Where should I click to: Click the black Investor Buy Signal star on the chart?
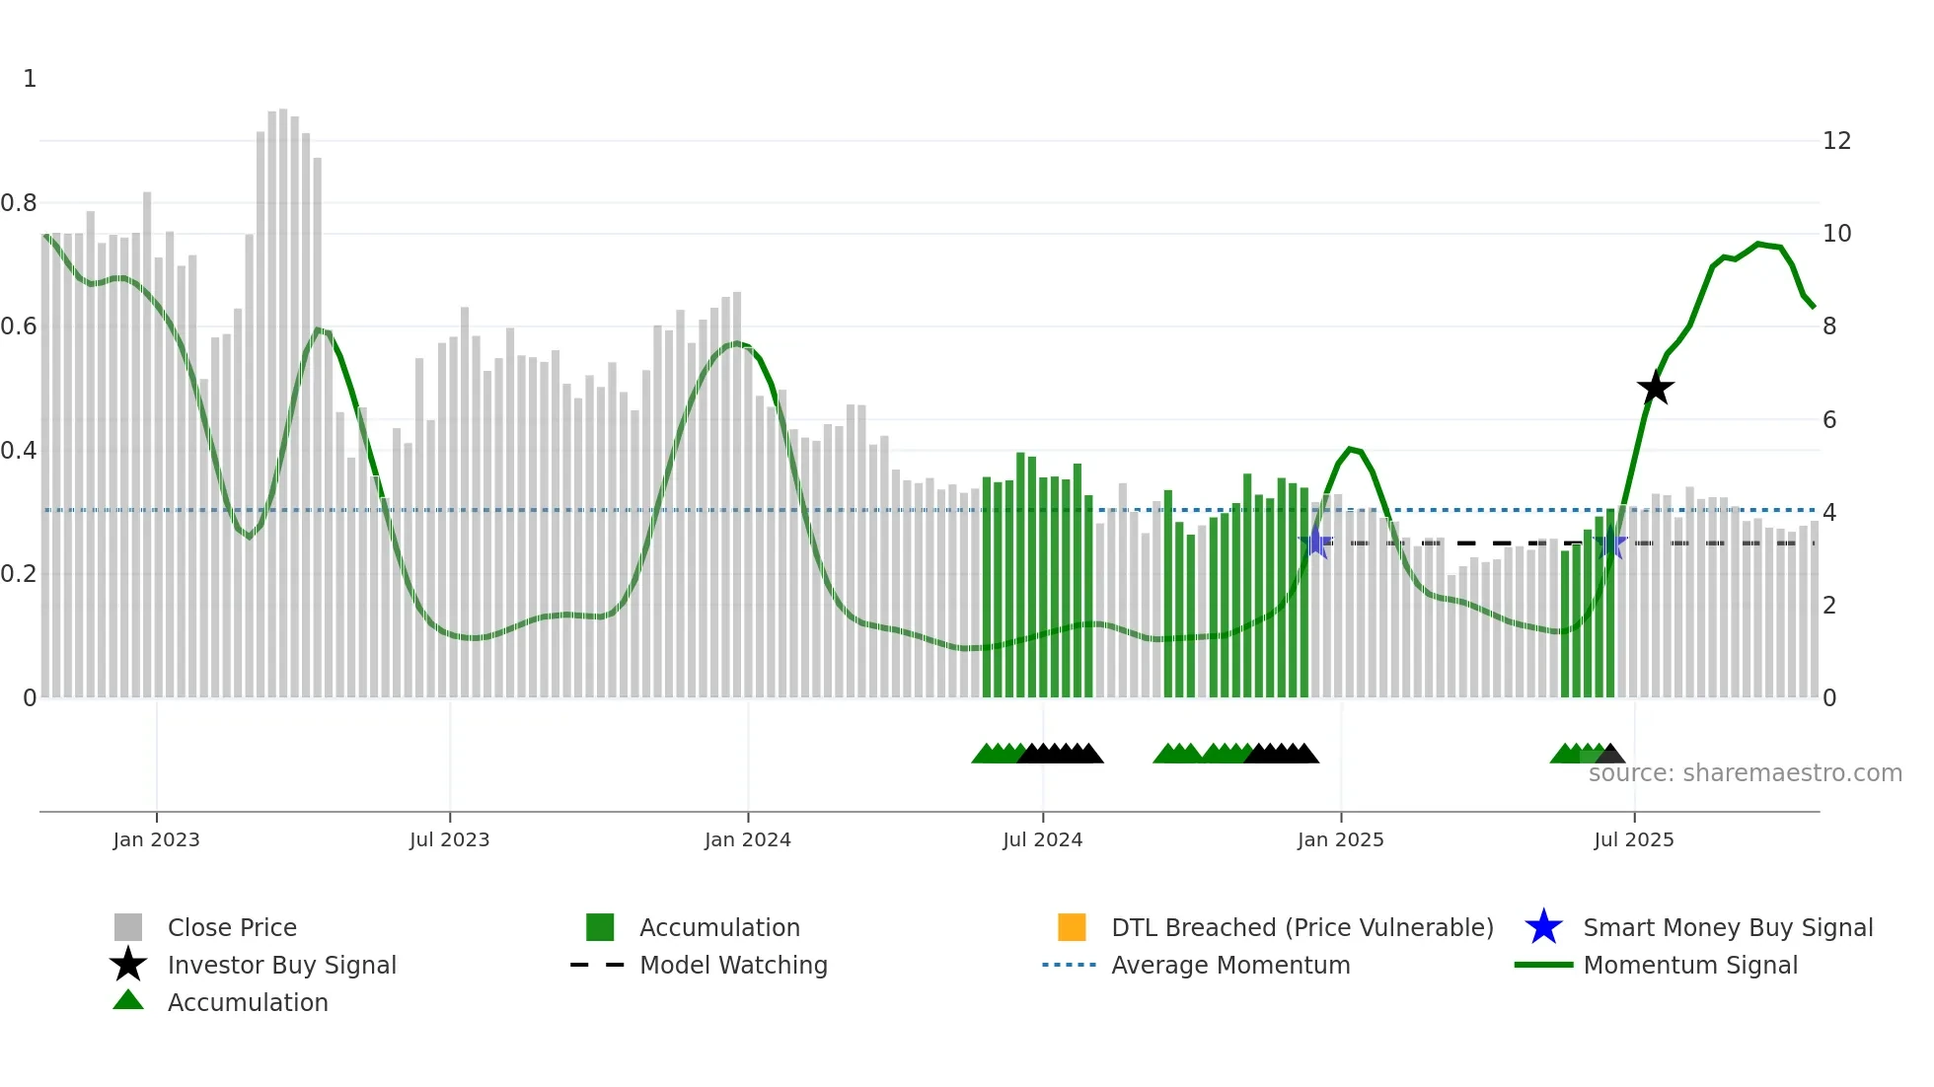[x=1656, y=388]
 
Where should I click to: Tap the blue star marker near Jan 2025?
[x=1315, y=543]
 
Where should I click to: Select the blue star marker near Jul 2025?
[x=1610, y=543]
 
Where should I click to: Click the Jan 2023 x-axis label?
[x=156, y=839]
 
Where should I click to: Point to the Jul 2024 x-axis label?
[x=1042, y=839]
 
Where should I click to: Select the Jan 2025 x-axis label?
[x=1340, y=839]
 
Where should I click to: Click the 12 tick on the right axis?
[x=1836, y=141]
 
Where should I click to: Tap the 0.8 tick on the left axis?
[x=19, y=203]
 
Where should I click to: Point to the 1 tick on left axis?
[x=30, y=79]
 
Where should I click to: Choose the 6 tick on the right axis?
[x=1829, y=420]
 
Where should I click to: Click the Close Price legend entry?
[x=232, y=927]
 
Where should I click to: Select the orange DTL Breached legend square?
[x=1072, y=927]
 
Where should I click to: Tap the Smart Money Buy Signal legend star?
[x=1543, y=927]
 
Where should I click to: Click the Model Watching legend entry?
[x=732, y=965]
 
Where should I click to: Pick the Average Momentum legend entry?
[x=1229, y=965]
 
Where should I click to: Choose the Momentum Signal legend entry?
[x=1689, y=965]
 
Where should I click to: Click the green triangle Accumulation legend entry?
[x=247, y=1002]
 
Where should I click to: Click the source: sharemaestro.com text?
[x=1745, y=773]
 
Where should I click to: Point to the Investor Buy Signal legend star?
[x=128, y=965]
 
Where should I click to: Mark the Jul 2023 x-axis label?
[x=449, y=839]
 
